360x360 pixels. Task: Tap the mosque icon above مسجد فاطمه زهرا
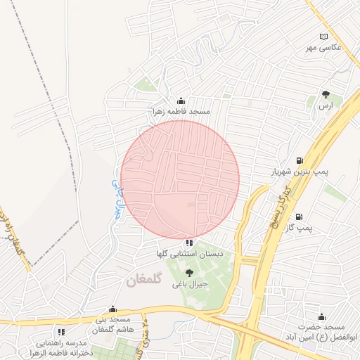click(x=181, y=101)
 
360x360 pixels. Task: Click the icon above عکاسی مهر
click(x=323, y=37)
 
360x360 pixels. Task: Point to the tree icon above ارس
click(x=325, y=94)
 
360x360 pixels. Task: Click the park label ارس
click(x=325, y=105)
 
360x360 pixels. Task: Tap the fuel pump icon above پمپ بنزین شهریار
click(x=301, y=160)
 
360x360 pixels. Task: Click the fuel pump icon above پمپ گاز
click(x=300, y=217)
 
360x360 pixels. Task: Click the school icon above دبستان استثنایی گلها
click(x=188, y=242)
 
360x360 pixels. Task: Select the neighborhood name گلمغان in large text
click(x=146, y=280)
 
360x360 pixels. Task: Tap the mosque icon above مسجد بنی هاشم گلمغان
click(x=112, y=308)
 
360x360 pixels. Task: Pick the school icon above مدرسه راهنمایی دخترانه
click(x=62, y=330)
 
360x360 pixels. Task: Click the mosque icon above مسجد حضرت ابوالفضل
click(x=322, y=316)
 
